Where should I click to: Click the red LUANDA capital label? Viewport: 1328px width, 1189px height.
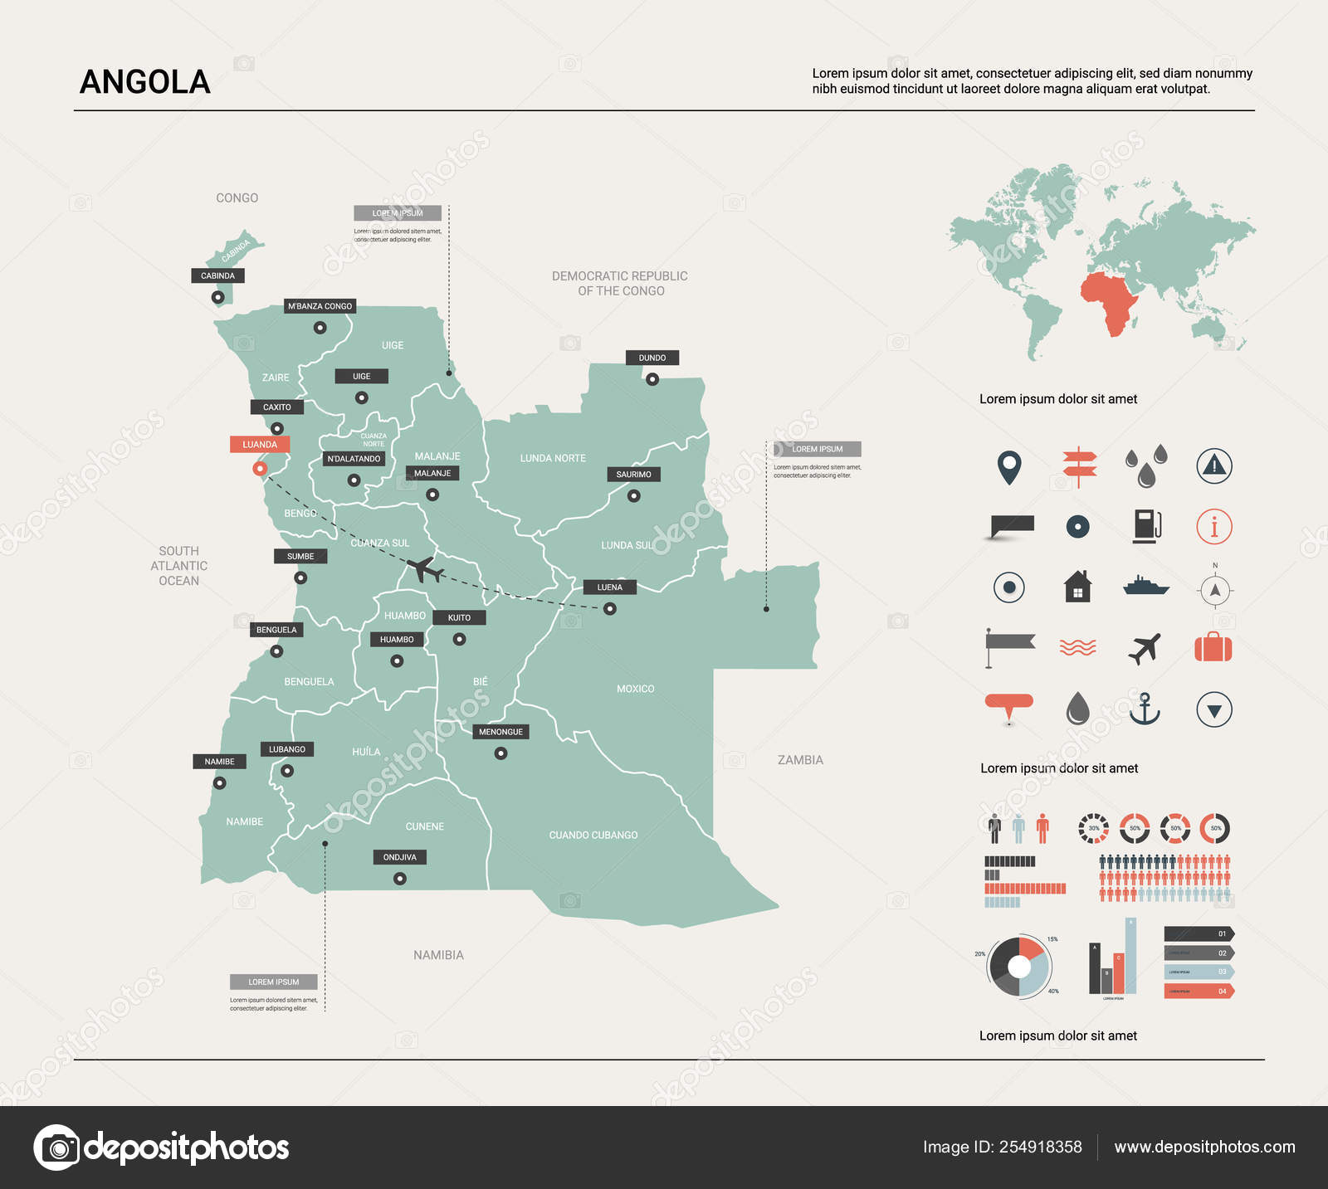(260, 445)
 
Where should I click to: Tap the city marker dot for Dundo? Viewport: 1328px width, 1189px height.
(652, 379)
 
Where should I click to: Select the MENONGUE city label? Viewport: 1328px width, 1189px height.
(500, 732)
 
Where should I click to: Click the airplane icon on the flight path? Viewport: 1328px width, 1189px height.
(425, 569)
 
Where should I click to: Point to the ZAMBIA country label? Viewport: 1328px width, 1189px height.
(800, 760)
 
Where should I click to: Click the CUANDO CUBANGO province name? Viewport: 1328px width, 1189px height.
(593, 835)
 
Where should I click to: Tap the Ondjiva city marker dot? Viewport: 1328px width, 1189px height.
(400, 879)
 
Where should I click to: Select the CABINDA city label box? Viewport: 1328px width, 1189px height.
(217, 275)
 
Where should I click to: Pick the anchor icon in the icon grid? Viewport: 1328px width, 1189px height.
(1145, 709)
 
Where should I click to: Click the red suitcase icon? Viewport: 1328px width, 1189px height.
(1213, 647)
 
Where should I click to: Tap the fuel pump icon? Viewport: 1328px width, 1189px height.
(1146, 526)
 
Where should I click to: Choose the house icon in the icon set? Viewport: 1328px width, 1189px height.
(1077, 587)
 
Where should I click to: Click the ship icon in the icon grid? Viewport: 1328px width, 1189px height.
(1145, 586)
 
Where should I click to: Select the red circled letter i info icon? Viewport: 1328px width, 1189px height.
(1213, 526)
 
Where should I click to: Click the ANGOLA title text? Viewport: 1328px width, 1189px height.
(145, 82)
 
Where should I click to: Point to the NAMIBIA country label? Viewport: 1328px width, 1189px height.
(438, 955)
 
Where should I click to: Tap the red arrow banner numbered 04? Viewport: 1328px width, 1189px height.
(1199, 991)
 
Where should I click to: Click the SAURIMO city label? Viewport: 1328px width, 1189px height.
(634, 475)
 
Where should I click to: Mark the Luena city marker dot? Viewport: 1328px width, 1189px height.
(610, 609)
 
